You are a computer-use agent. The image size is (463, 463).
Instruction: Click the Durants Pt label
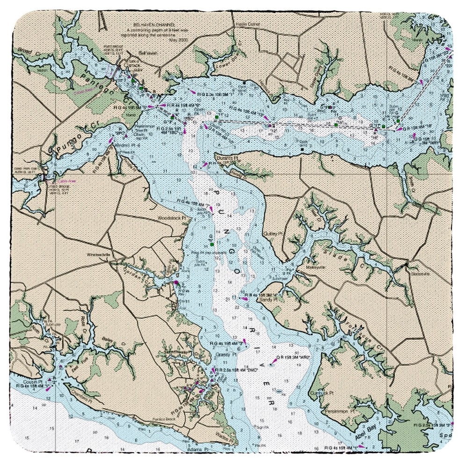tap(228, 159)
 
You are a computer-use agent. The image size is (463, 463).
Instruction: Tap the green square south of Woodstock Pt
tap(212, 244)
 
